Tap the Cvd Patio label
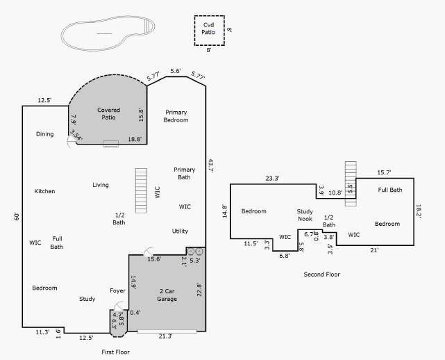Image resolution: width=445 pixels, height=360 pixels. [208, 28]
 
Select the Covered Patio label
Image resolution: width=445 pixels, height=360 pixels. [108, 114]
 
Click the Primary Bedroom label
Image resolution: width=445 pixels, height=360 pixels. [176, 116]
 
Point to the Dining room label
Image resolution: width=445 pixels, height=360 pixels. [44, 134]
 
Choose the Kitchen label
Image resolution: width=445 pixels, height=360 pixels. [44, 191]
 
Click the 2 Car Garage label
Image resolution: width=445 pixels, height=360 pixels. [167, 295]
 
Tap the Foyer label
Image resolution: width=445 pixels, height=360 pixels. [117, 291]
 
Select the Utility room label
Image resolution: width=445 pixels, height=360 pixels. [180, 231]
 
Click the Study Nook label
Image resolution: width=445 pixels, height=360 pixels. [305, 215]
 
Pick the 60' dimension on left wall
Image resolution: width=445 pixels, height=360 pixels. [17, 217]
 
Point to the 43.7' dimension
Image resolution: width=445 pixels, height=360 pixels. [210, 167]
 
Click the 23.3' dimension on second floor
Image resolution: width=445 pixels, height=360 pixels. [272, 179]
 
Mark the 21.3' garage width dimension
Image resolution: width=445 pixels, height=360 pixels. [166, 336]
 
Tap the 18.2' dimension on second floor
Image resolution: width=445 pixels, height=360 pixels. [419, 211]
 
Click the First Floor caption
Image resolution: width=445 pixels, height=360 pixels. [115, 352]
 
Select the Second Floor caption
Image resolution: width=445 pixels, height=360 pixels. [321, 275]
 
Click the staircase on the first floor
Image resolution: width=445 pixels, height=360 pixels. [142, 190]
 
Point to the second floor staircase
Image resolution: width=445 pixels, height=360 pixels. [351, 177]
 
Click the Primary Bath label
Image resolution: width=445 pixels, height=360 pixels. [185, 173]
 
